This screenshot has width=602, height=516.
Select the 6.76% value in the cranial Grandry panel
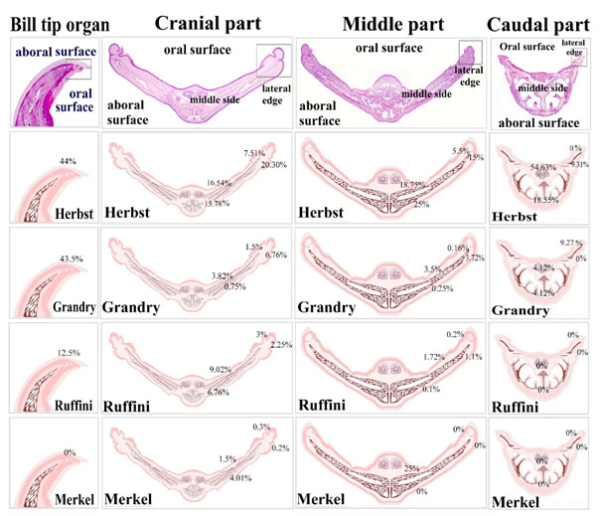277,255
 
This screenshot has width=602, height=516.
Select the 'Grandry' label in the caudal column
522,309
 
